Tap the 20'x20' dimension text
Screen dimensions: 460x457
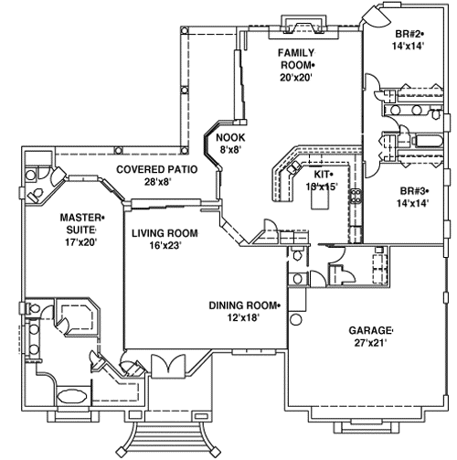click(x=296, y=78)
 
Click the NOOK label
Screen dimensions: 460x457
click(x=228, y=138)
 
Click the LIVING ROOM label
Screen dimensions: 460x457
click(x=165, y=233)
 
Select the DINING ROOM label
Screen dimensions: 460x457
click(x=244, y=305)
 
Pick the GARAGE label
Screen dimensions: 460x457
click(x=370, y=330)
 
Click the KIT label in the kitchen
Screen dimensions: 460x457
click(x=323, y=173)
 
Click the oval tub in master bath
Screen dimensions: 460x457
click(x=69, y=397)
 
